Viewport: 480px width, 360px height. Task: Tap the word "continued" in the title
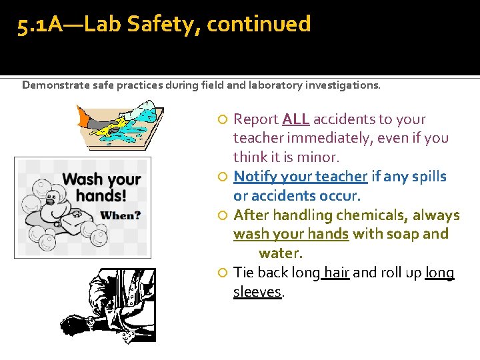pyautogui.click(x=259, y=25)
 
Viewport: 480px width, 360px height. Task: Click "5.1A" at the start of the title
pyautogui.click(x=39, y=25)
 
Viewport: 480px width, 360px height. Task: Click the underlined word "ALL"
pyautogui.click(x=295, y=119)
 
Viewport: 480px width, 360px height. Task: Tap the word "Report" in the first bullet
pyautogui.click(x=256, y=119)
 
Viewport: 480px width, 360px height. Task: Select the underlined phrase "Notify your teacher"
pyautogui.click(x=301, y=177)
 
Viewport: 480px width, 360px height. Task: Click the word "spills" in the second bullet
pyautogui.click(x=429, y=177)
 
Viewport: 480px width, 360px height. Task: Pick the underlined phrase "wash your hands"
pyautogui.click(x=291, y=234)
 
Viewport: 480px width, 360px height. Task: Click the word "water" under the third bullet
pyautogui.click(x=279, y=253)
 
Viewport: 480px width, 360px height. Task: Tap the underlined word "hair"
pyautogui.click(x=336, y=273)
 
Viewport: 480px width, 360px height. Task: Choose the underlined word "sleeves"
pyautogui.click(x=257, y=292)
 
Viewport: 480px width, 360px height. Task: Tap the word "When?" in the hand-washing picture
pyautogui.click(x=120, y=215)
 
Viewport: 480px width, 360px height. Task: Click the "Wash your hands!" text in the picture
pyautogui.click(x=101, y=187)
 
